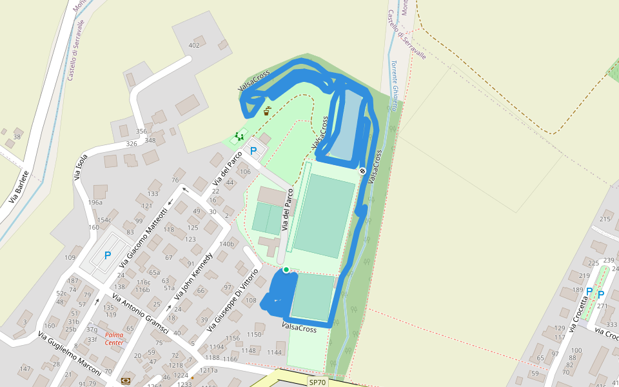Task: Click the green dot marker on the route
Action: pyautogui.click(x=286, y=270)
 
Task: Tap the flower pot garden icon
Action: pyautogui.click(x=267, y=111)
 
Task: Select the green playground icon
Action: pyautogui.click(x=240, y=135)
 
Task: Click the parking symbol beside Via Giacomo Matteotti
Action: pyautogui.click(x=108, y=255)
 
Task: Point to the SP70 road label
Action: pyautogui.click(x=317, y=382)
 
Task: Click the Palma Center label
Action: pyautogui.click(x=114, y=339)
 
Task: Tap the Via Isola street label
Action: pyautogui.click(x=81, y=167)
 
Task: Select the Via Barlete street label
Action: pyautogui.click(x=19, y=187)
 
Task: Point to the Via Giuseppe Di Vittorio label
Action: pyautogui.click(x=233, y=300)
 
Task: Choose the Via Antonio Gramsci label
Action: pyautogui.click(x=140, y=315)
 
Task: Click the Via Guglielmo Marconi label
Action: pyautogui.click(x=69, y=354)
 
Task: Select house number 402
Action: pyautogui.click(x=194, y=45)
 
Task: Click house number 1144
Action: pyautogui.click(x=275, y=352)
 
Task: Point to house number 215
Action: pyautogui.click(x=605, y=219)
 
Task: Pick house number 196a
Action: pyautogui.click(x=95, y=203)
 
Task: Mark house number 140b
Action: pyautogui.click(x=226, y=244)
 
